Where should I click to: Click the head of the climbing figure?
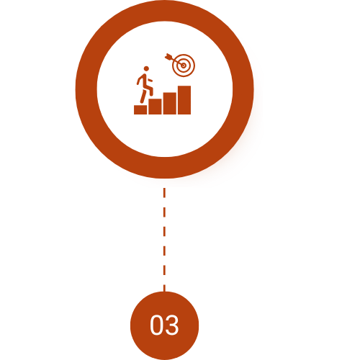pyautogui.click(x=146, y=69)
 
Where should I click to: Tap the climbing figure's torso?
pyautogui.click(x=143, y=81)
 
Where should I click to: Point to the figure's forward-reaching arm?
pyautogui.click(x=150, y=80)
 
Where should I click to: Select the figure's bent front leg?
pyautogui.click(x=149, y=89)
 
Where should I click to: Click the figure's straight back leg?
pyautogui.click(x=143, y=96)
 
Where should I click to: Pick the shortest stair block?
pyautogui.click(x=140, y=109)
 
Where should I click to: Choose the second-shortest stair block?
pyautogui.click(x=155, y=107)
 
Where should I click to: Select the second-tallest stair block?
pyautogui.click(x=170, y=103)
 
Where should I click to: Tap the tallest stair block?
pyautogui.click(x=184, y=100)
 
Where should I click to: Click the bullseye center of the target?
pyautogui.click(x=184, y=66)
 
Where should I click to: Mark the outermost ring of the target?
pyautogui.click(x=184, y=54)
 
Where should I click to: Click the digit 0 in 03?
pyautogui.click(x=156, y=325)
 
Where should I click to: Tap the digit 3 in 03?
pyautogui.click(x=171, y=325)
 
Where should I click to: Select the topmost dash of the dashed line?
pyautogui.click(x=164, y=193)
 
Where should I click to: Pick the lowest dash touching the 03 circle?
pyautogui.click(x=164, y=288)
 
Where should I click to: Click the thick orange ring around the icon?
pyautogui.click(x=86, y=89)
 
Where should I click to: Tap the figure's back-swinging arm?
pyautogui.click(x=138, y=80)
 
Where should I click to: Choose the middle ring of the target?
pyautogui.click(x=184, y=58)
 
